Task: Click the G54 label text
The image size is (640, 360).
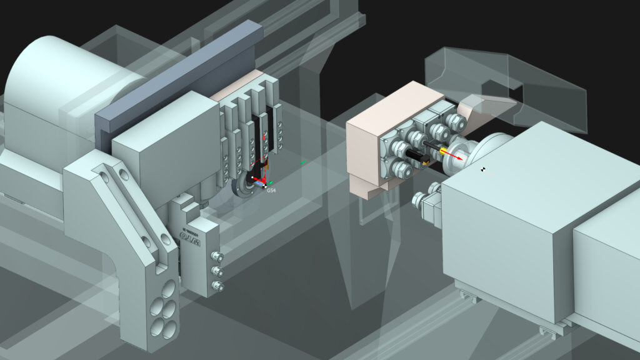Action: [x=272, y=189]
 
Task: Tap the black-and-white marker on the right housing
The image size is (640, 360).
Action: [x=483, y=169]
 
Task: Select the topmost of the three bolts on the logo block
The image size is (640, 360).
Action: [x=217, y=256]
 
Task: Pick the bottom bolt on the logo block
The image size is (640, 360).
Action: [x=217, y=286]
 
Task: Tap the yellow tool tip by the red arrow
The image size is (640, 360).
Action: [x=444, y=151]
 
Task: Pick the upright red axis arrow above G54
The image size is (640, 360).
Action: [x=264, y=141]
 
